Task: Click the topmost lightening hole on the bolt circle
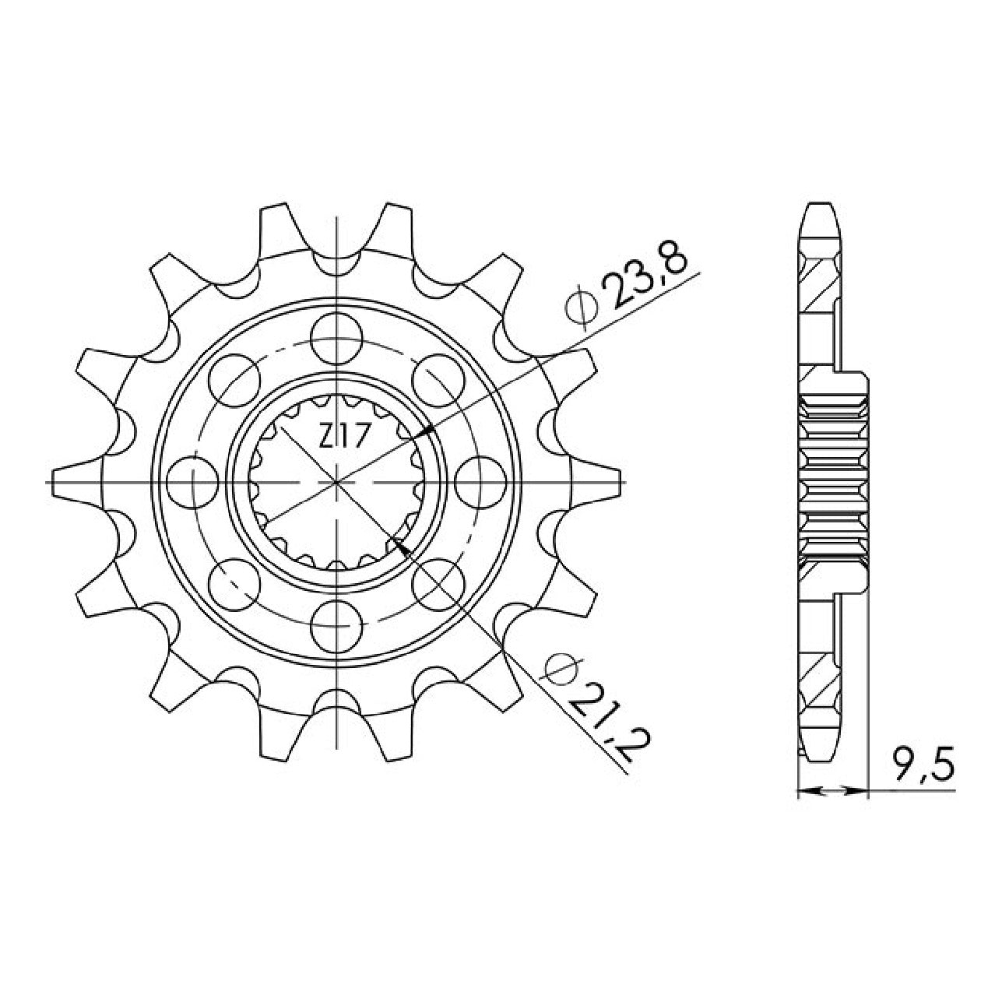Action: [x=337, y=339]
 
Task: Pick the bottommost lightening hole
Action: [x=337, y=626]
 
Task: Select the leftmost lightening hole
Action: [x=193, y=483]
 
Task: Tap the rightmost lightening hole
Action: [x=480, y=483]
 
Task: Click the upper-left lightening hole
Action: [x=234, y=381]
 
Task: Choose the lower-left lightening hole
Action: [x=234, y=585]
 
